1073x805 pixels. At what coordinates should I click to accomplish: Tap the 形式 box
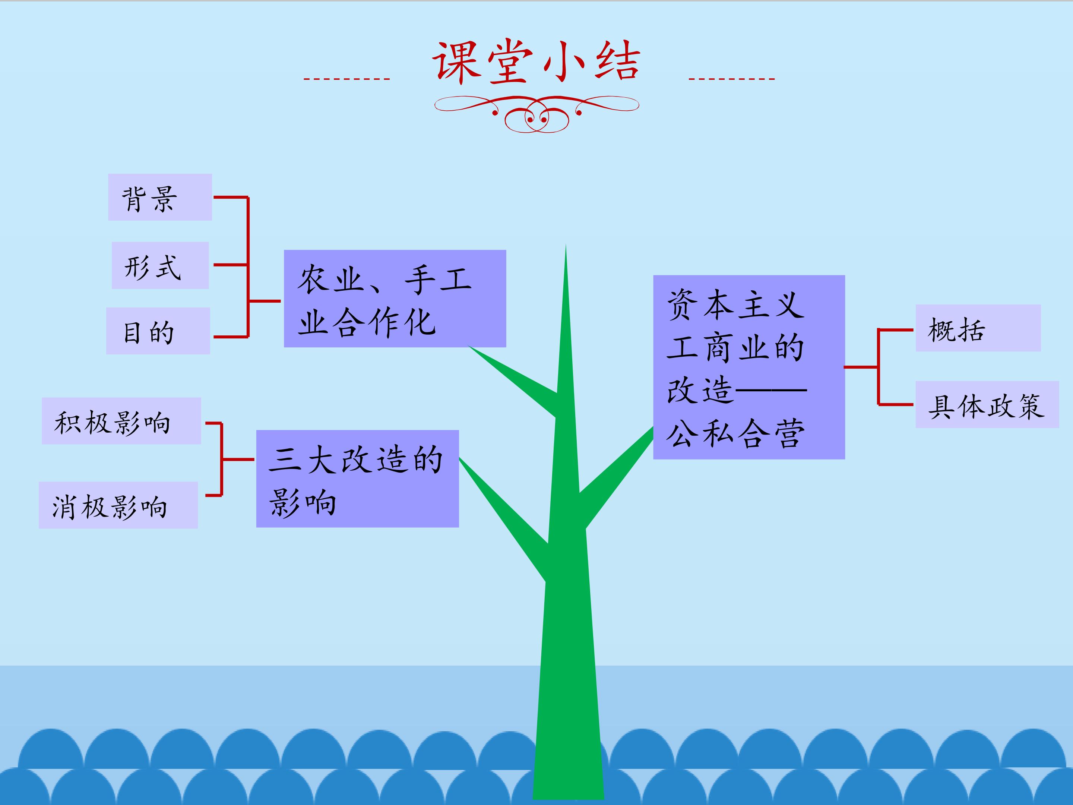point(160,265)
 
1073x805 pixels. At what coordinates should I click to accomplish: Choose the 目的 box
point(158,331)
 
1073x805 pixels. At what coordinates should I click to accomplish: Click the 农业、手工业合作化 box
point(395,299)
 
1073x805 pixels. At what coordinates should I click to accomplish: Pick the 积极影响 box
point(121,421)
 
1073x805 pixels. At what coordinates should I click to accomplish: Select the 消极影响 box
point(118,505)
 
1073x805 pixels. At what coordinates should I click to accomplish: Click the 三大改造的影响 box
point(358,479)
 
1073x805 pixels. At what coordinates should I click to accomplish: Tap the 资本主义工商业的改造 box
point(749,367)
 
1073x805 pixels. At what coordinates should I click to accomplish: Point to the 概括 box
point(978,328)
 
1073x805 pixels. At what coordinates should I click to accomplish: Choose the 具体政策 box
point(987,405)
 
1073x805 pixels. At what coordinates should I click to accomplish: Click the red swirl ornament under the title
point(536,114)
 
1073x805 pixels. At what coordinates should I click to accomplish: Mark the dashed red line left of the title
point(346,79)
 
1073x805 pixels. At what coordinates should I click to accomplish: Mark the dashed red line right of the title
point(731,79)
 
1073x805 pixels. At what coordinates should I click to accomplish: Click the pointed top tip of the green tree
point(566,244)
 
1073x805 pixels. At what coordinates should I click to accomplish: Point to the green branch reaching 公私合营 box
point(616,478)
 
